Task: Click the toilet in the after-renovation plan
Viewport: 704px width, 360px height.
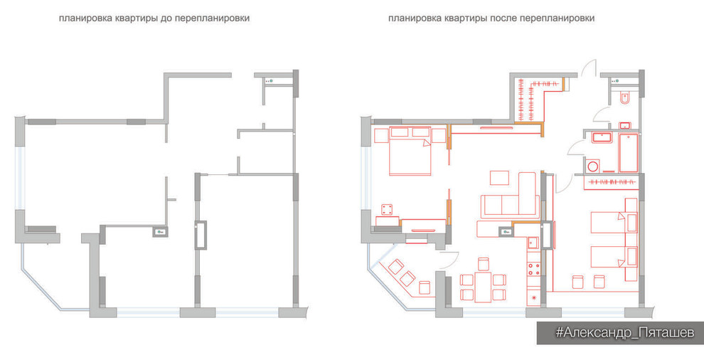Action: click(624, 99)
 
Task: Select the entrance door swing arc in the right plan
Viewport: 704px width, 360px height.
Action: click(589, 68)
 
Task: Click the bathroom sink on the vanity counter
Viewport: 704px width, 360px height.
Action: click(606, 137)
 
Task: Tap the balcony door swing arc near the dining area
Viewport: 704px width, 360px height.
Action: click(447, 258)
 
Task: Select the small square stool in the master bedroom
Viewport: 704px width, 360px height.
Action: click(387, 209)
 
